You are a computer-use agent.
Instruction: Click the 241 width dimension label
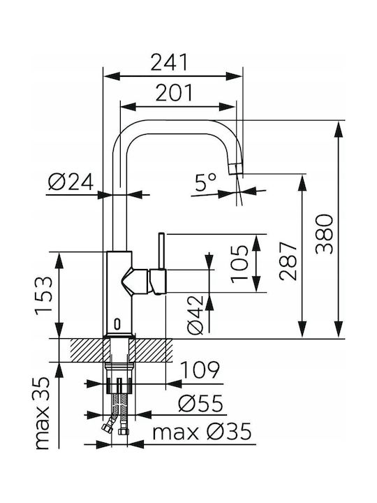(x=169, y=63)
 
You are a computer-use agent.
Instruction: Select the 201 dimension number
(x=175, y=92)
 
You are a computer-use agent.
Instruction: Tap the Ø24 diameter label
(x=71, y=182)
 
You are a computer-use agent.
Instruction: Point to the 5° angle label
(x=206, y=182)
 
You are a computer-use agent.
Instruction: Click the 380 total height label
(x=324, y=235)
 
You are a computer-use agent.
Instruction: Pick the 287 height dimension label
(x=288, y=261)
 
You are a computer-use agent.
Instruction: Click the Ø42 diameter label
(x=195, y=314)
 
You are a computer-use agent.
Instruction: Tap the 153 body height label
(x=43, y=296)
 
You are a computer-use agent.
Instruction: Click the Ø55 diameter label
(x=200, y=403)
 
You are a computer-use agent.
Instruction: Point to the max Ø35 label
(x=202, y=432)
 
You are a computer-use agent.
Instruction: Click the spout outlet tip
(x=236, y=169)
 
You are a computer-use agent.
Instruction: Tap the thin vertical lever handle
(x=162, y=251)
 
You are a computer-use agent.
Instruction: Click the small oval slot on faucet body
(x=117, y=324)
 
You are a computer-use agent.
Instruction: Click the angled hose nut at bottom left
(x=105, y=428)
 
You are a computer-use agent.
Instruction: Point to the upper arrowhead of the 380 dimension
(x=339, y=129)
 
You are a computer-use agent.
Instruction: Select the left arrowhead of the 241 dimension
(x=111, y=76)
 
